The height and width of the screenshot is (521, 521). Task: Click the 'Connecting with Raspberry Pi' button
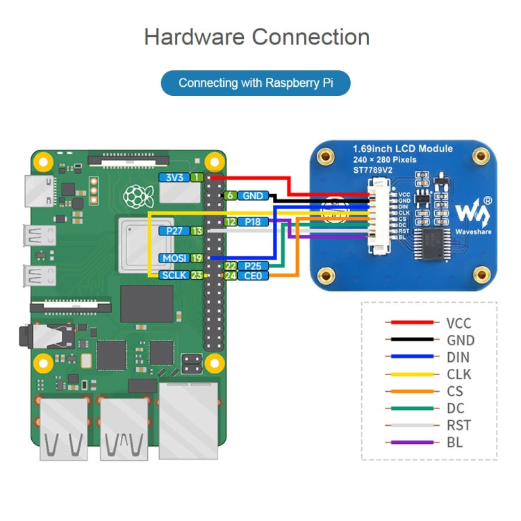tap(256, 83)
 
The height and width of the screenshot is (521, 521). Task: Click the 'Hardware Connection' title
tap(256, 37)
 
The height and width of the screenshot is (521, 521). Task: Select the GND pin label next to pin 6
tap(251, 196)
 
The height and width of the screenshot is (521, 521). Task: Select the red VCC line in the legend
tap(412, 323)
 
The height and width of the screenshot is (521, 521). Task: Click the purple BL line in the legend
tap(412, 443)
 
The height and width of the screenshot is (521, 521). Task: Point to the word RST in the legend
tap(458, 425)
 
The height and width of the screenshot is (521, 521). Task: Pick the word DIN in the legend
tap(458, 357)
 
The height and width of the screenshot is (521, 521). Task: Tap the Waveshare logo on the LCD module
tap(472, 208)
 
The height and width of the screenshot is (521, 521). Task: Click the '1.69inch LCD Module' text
tap(402, 149)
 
